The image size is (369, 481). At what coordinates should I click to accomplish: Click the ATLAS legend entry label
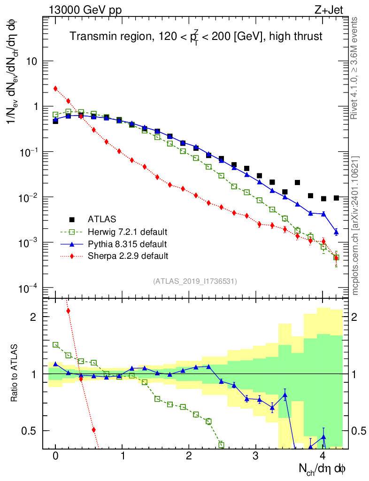tap(102, 219)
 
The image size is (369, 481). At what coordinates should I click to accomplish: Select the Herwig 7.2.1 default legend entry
tap(128, 232)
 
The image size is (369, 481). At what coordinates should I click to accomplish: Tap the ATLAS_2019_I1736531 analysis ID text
tap(195, 281)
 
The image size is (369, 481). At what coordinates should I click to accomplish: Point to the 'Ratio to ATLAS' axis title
tap(15, 373)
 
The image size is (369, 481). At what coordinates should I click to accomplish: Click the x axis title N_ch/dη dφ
tap(322, 469)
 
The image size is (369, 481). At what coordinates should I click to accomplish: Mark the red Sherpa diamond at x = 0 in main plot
tap(55, 88)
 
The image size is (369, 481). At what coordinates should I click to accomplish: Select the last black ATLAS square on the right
tap(336, 198)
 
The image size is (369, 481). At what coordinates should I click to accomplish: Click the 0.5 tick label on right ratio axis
tap(360, 431)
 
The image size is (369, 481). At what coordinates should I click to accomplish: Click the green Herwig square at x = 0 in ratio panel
tap(55, 344)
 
